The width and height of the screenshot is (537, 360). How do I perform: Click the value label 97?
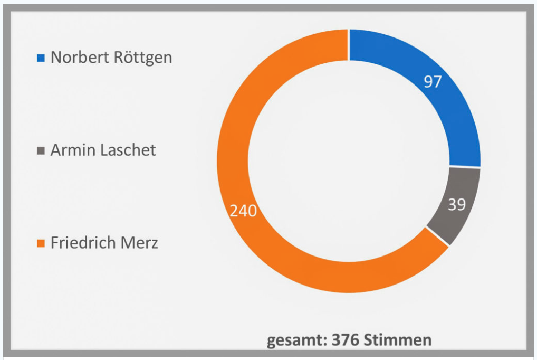point(433,82)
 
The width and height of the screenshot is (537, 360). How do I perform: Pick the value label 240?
point(243,211)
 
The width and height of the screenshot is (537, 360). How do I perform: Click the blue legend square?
point(41,57)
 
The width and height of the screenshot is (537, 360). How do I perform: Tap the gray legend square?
point(41,150)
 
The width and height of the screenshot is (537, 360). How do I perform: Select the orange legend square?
point(41,244)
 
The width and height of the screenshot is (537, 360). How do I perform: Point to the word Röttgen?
point(143,57)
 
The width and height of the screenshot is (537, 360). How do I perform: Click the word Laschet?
point(127,150)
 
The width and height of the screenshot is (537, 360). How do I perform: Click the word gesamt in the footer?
point(295,340)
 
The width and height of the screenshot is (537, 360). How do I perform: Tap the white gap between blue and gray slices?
point(465,167)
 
